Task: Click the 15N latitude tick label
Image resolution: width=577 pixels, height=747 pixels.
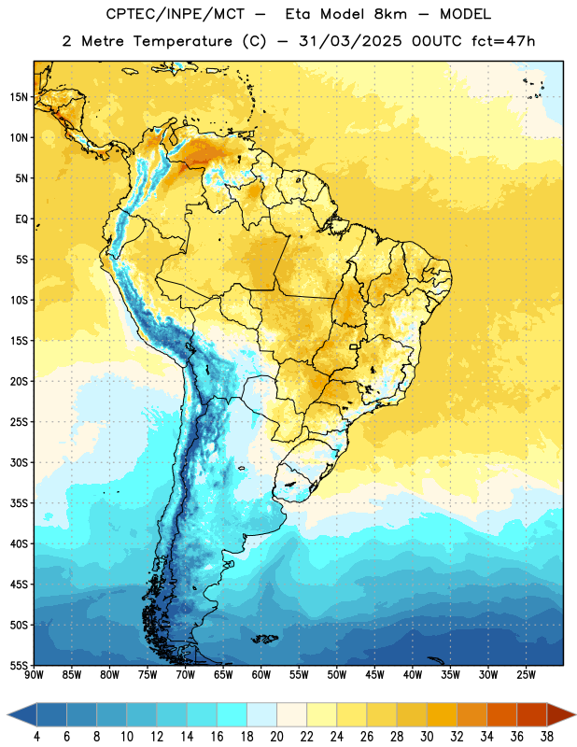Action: (19, 97)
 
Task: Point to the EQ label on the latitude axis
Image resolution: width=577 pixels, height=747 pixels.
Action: (21, 219)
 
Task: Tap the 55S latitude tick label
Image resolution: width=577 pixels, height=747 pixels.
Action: (19, 665)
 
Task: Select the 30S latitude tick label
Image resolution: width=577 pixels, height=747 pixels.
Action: (19, 462)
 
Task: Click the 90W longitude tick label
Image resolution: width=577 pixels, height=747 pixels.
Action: (34, 675)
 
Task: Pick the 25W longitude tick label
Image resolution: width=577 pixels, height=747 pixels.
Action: (526, 675)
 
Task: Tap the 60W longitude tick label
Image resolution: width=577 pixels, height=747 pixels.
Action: (261, 675)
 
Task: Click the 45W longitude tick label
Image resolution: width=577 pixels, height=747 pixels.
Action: (374, 675)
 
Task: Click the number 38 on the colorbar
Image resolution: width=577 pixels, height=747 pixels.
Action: (547, 737)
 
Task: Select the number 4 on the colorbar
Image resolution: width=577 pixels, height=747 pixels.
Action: (36, 737)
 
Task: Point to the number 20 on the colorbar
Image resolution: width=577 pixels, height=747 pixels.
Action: (276, 737)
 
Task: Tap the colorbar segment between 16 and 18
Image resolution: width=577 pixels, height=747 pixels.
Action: (232, 715)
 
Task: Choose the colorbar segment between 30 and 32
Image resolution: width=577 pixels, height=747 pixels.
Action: (442, 715)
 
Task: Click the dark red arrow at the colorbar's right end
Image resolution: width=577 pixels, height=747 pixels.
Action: (559, 715)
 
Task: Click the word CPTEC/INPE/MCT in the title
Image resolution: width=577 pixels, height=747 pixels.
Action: (175, 14)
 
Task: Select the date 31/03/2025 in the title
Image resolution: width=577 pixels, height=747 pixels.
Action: (350, 41)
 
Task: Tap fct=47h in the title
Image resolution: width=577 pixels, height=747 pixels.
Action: (503, 41)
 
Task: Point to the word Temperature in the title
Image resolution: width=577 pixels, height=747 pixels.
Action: (182, 41)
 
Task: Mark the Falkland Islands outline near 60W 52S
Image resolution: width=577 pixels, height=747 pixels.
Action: (265, 639)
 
